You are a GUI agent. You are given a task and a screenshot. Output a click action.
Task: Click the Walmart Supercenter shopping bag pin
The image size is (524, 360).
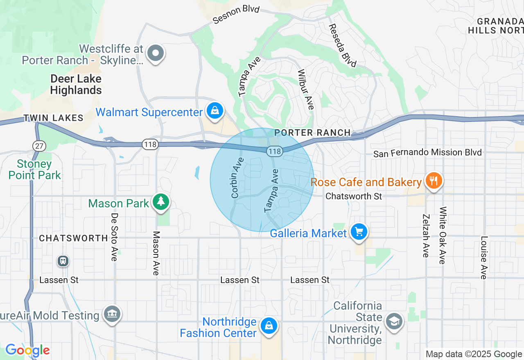pos(215,111)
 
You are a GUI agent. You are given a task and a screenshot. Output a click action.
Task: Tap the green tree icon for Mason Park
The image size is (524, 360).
pos(161,201)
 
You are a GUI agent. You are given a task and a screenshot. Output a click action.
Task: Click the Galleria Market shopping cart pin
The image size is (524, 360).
pos(359,232)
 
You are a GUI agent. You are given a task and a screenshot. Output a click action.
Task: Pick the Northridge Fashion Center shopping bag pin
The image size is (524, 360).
pos(269,326)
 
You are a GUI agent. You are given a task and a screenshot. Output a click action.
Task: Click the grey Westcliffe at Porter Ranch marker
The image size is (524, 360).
pos(156,53)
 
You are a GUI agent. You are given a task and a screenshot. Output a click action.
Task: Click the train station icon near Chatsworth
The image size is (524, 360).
pos(63,261)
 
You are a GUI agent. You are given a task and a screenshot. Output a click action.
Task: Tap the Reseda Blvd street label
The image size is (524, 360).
pos(342,45)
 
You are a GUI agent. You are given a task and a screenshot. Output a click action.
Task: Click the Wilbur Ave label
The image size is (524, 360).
pos(305,90)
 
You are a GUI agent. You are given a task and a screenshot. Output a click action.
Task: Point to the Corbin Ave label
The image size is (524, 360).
pos(237,178)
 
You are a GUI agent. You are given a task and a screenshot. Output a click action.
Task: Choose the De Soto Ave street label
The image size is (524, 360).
pos(114,237)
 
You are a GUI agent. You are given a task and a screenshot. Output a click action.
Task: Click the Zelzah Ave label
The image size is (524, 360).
pos(426,236)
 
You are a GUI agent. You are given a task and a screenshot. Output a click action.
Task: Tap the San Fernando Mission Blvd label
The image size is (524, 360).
pos(427,153)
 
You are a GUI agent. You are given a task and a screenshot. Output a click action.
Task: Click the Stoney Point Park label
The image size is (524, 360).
pos(35,170)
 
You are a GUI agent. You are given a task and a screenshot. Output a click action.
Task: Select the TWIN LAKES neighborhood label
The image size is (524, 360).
pos(53,118)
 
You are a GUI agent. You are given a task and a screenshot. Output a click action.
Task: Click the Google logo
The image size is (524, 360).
pos(27,350)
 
